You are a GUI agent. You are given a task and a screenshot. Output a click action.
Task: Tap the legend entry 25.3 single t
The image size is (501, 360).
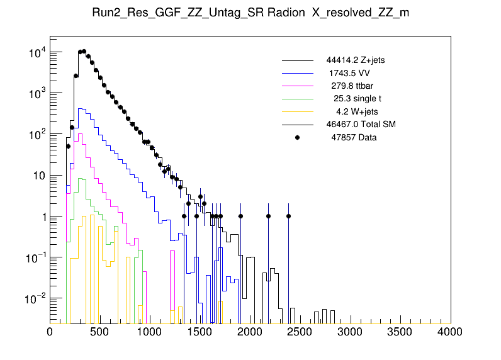357,98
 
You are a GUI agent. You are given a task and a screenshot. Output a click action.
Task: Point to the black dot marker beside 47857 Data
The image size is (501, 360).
298,137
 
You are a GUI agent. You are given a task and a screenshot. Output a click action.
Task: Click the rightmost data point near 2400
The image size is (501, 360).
288,216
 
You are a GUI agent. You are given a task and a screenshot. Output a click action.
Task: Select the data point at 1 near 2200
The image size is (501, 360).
268,216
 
